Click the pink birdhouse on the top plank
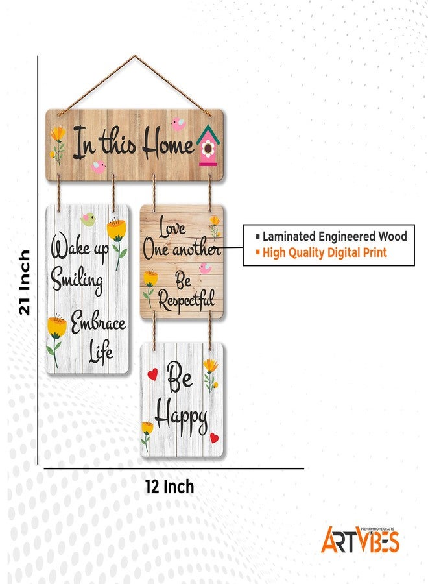tap(208, 145)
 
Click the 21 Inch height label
tap(25, 282)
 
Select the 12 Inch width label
tap(169, 487)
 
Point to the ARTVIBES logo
tap(361, 539)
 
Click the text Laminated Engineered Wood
tap(335, 236)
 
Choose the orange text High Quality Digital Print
tap(324, 252)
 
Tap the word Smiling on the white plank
tap(77, 280)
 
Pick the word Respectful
tap(187, 300)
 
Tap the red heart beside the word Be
tap(152, 374)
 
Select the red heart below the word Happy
tap(214, 437)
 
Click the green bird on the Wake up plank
tap(88, 219)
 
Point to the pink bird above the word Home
tap(178, 124)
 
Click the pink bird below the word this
tap(99, 167)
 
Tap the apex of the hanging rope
tap(135, 56)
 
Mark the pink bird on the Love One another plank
tap(205, 268)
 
